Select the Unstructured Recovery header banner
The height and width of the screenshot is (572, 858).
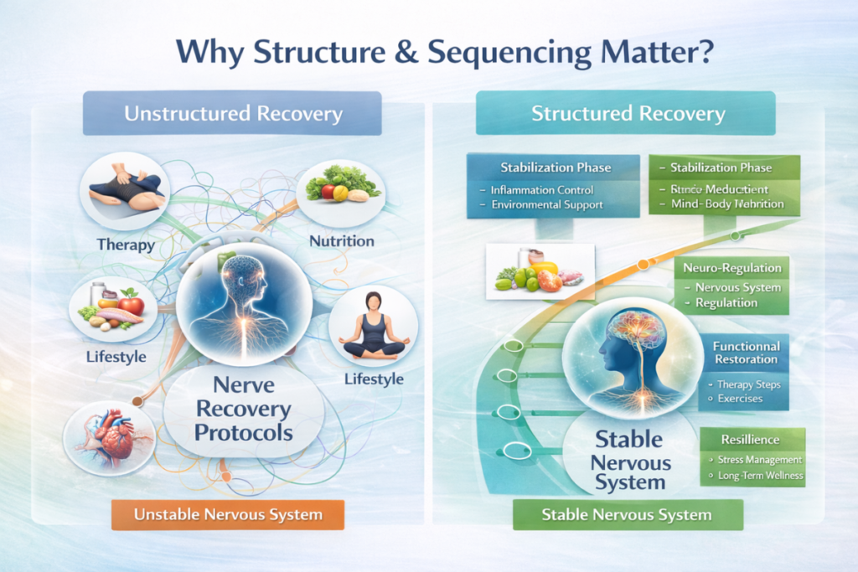pyautogui.click(x=232, y=113)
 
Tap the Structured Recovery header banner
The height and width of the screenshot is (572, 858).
pyautogui.click(x=628, y=113)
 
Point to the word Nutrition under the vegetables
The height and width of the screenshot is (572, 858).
pyautogui.click(x=341, y=241)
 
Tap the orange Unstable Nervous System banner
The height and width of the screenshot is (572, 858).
pyautogui.click(x=228, y=513)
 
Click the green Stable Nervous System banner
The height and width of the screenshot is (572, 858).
pyautogui.click(x=627, y=514)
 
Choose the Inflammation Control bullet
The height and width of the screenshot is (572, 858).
pyautogui.click(x=542, y=190)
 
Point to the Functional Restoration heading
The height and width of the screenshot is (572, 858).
pyautogui.click(x=746, y=353)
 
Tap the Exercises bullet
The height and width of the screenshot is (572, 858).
pyautogui.click(x=740, y=399)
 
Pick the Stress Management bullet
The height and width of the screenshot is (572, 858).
pyautogui.click(x=759, y=460)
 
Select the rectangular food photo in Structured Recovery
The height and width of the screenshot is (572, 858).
pyautogui.click(x=540, y=271)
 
